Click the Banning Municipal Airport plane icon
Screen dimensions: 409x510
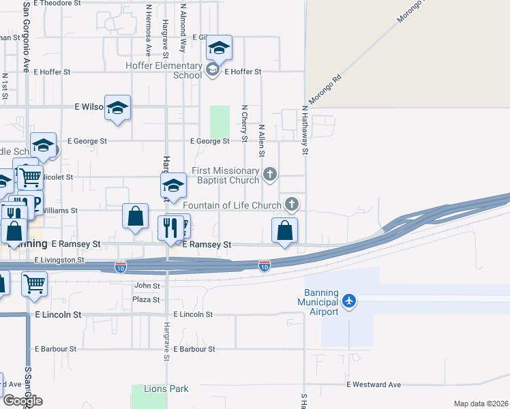pyautogui.click(x=350, y=300)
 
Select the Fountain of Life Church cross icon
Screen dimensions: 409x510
pyautogui.click(x=292, y=204)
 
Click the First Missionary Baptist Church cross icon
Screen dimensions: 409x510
pyautogui.click(x=270, y=174)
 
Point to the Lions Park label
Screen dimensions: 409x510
pyautogui.click(x=166, y=389)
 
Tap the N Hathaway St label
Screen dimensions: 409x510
pyautogui.click(x=305, y=130)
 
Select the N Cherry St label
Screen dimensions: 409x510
pyautogui.click(x=245, y=124)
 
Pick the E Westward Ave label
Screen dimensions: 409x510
pyautogui.click(x=374, y=384)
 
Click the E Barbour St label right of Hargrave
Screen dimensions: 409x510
pyautogui.click(x=194, y=349)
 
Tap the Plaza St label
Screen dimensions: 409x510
pyautogui.click(x=146, y=299)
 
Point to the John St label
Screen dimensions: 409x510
pyautogui.click(x=147, y=286)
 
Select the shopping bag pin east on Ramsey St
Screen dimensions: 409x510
pyautogui.click(x=285, y=231)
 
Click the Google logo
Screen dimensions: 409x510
pyautogui.click(x=22, y=401)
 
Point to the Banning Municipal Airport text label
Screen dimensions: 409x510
pyautogui.click(x=318, y=307)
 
